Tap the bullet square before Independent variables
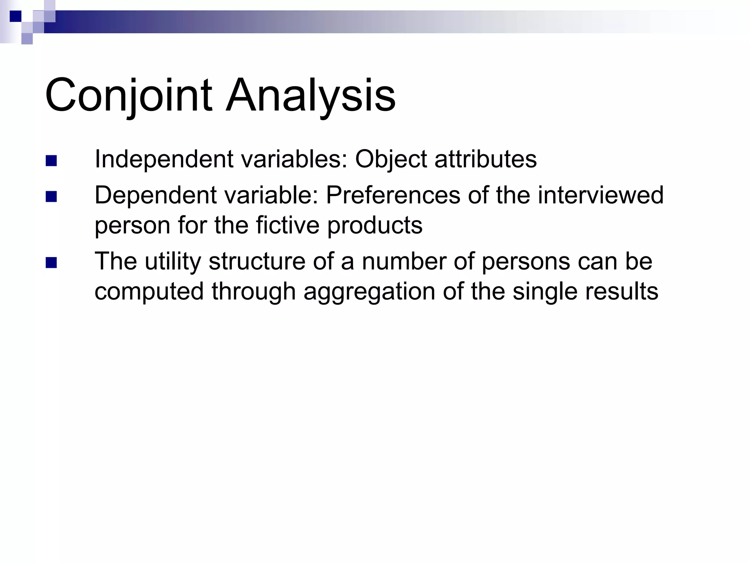51,161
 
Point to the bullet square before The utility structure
51,263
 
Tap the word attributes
485,160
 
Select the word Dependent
156,196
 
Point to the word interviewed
600,195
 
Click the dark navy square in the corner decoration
15,16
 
